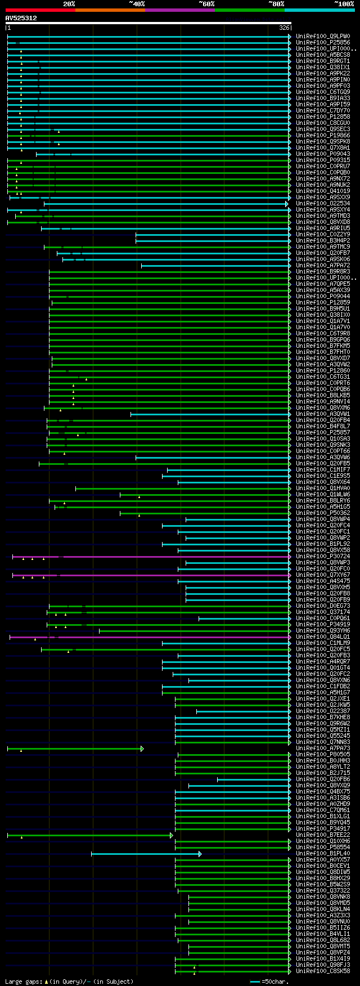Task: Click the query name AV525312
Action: (x=21, y=18)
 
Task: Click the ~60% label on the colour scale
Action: (x=206, y=4)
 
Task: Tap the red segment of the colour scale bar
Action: (x=40, y=10)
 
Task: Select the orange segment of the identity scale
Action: (x=110, y=10)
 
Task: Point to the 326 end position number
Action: (x=284, y=28)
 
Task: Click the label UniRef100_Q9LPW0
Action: (x=323, y=37)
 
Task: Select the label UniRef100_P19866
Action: (x=323, y=136)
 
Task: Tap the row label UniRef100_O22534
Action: (x=323, y=204)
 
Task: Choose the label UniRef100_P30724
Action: (x=323, y=557)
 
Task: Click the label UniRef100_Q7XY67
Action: (x=323, y=575)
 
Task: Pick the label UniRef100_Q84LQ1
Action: (x=323, y=637)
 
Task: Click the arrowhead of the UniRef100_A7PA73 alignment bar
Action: (x=142, y=749)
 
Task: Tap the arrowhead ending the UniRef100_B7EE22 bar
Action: (x=172, y=835)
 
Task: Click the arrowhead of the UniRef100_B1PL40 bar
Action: (x=200, y=854)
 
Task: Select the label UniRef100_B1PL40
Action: (x=323, y=854)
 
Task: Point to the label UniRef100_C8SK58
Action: (x=323, y=971)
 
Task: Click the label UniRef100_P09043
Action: (x=323, y=154)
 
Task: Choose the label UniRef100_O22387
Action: (x=323, y=711)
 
